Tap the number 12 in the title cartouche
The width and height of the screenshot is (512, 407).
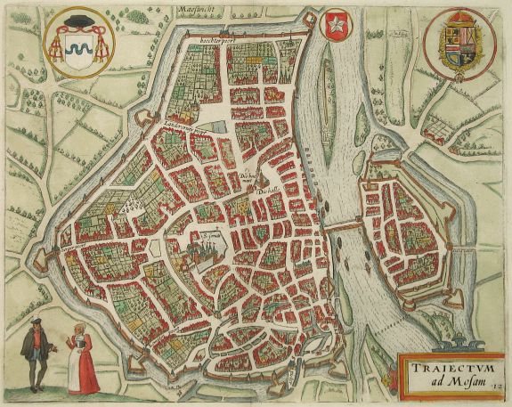click(501, 385)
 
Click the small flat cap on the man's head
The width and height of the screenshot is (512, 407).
click(35, 320)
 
